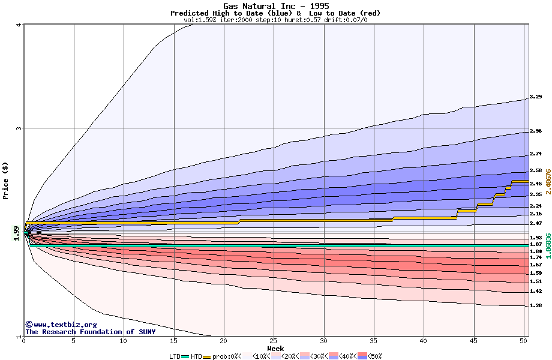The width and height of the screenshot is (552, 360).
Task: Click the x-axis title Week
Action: [x=275, y=349]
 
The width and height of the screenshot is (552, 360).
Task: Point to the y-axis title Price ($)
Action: [x=5, y=180]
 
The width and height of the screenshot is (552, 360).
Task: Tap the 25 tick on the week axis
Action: [x=274, y=341]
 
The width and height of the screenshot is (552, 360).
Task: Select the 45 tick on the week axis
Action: [x=473, y=341]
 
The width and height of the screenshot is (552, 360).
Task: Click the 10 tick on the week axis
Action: [x=124, y=341]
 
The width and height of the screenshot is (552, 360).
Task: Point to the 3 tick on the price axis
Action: [x=19, y=128]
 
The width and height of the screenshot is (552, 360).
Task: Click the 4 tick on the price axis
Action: [x=19, y=25]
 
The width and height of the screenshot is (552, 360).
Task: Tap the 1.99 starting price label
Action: [x=16, y=233]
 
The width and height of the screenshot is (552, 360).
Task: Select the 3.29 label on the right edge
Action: [x=536, y=97]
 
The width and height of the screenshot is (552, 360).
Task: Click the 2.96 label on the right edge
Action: [x=536, y=131]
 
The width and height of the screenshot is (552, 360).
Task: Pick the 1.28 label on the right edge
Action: [x=536, y=305]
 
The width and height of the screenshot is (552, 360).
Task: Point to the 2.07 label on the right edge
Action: [x=536, y=223]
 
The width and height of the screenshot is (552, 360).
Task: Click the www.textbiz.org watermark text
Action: [x=61, y=325]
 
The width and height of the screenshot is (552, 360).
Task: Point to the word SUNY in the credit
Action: [x=146, y=332]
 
